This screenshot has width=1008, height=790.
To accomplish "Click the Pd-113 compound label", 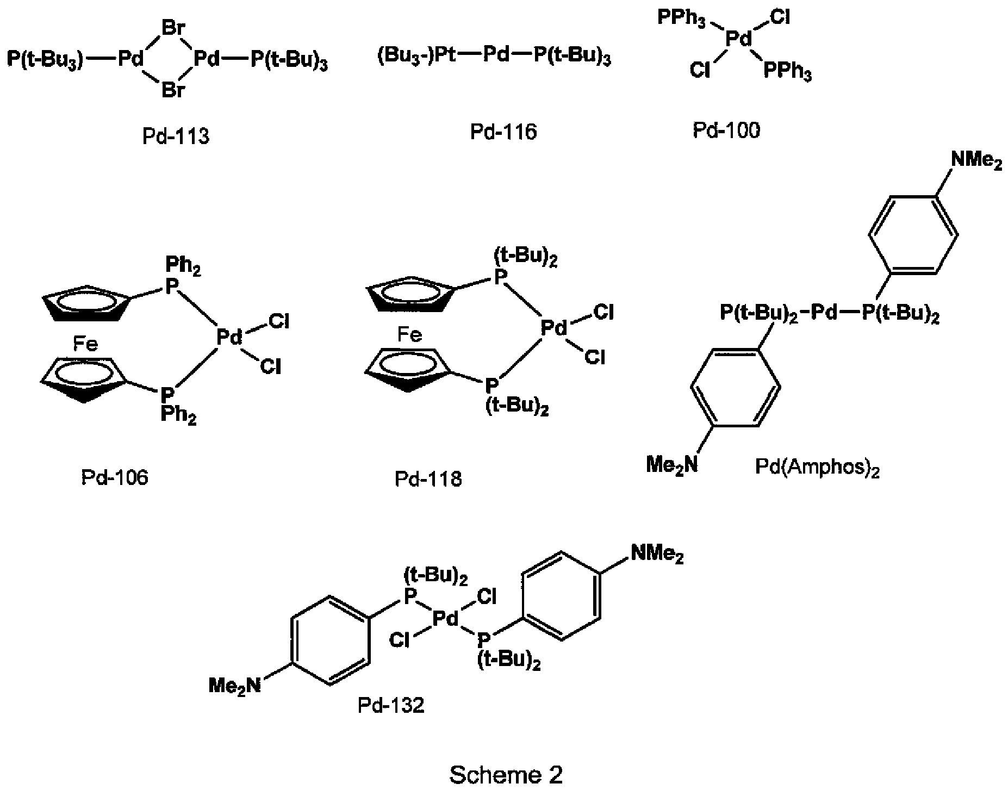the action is (176, 136).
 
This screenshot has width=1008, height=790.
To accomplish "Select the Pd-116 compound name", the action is (503, 132).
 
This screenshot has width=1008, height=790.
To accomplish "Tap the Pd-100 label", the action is (726, 130).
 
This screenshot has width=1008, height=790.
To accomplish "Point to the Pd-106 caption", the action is (115, 477).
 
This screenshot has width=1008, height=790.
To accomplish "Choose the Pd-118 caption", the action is (428, 479).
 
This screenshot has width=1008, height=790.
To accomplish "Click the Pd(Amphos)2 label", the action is (817, 468).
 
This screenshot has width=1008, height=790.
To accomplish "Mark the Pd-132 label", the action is (391, 705).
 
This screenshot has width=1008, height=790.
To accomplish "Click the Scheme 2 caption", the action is (506, 775).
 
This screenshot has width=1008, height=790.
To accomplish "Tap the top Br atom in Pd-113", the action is (173, 28).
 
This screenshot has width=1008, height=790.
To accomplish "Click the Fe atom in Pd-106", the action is (85, 344).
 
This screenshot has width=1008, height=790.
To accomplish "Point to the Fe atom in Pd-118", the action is (409, 334).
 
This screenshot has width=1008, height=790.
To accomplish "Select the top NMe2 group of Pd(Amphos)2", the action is (976, 161).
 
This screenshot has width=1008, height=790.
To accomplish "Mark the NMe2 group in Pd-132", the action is (657, 554).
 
